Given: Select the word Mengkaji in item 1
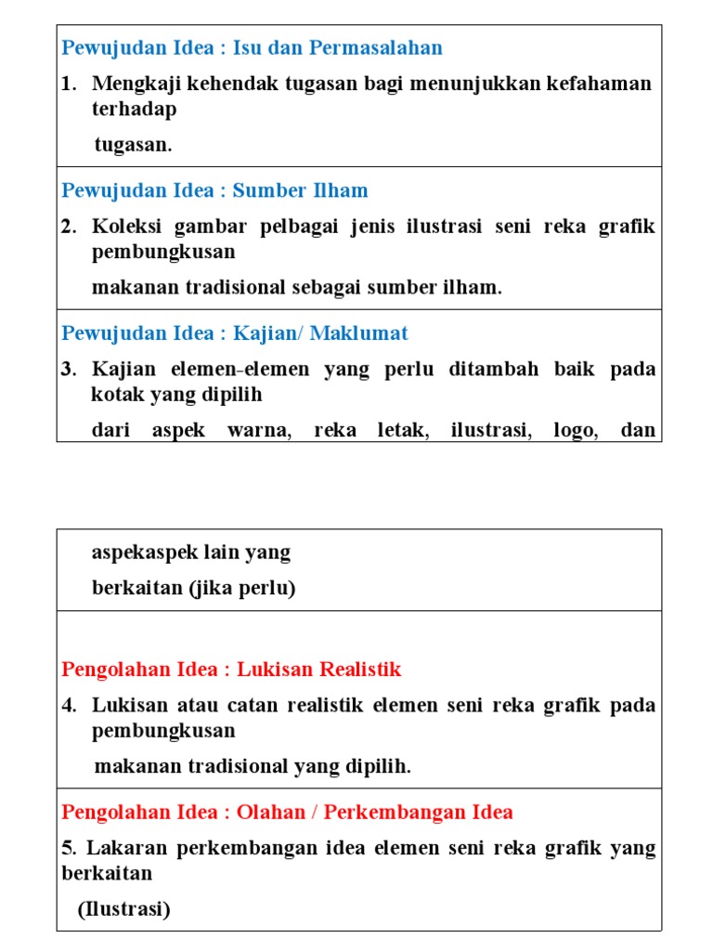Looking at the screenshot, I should [128, 84].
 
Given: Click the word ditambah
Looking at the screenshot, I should [490, 369].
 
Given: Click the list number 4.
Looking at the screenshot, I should [68, 705].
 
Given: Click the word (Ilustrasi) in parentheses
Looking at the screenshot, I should [124, 909].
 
